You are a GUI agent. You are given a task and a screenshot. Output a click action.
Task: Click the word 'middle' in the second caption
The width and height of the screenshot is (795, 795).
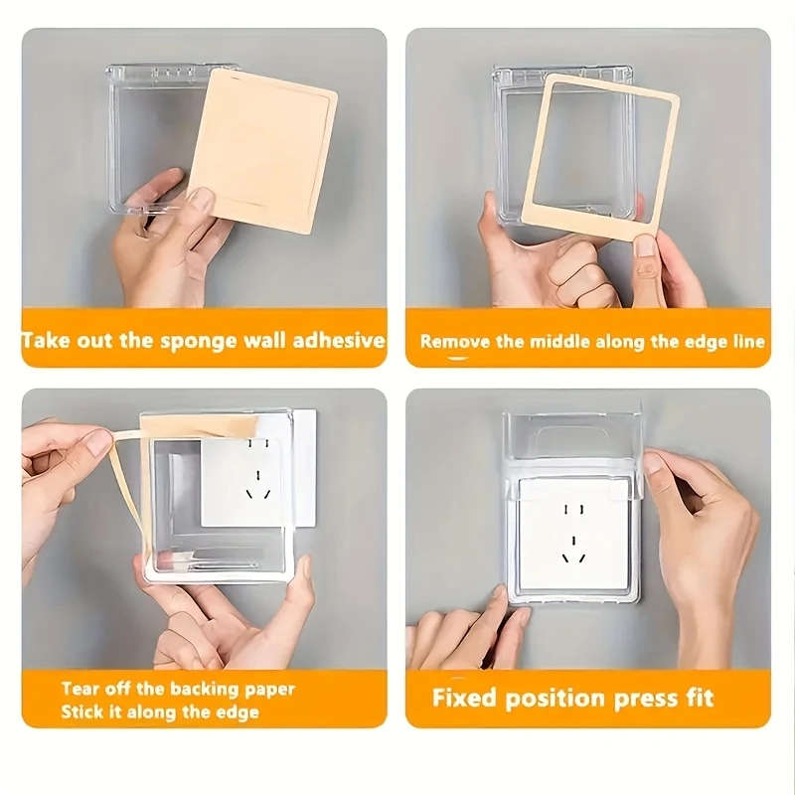click(559, 341)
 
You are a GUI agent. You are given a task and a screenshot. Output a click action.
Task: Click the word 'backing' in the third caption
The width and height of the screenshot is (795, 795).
click(204, 689)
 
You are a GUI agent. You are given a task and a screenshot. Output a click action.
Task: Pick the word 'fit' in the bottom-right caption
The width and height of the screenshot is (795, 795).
click(696, 698)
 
